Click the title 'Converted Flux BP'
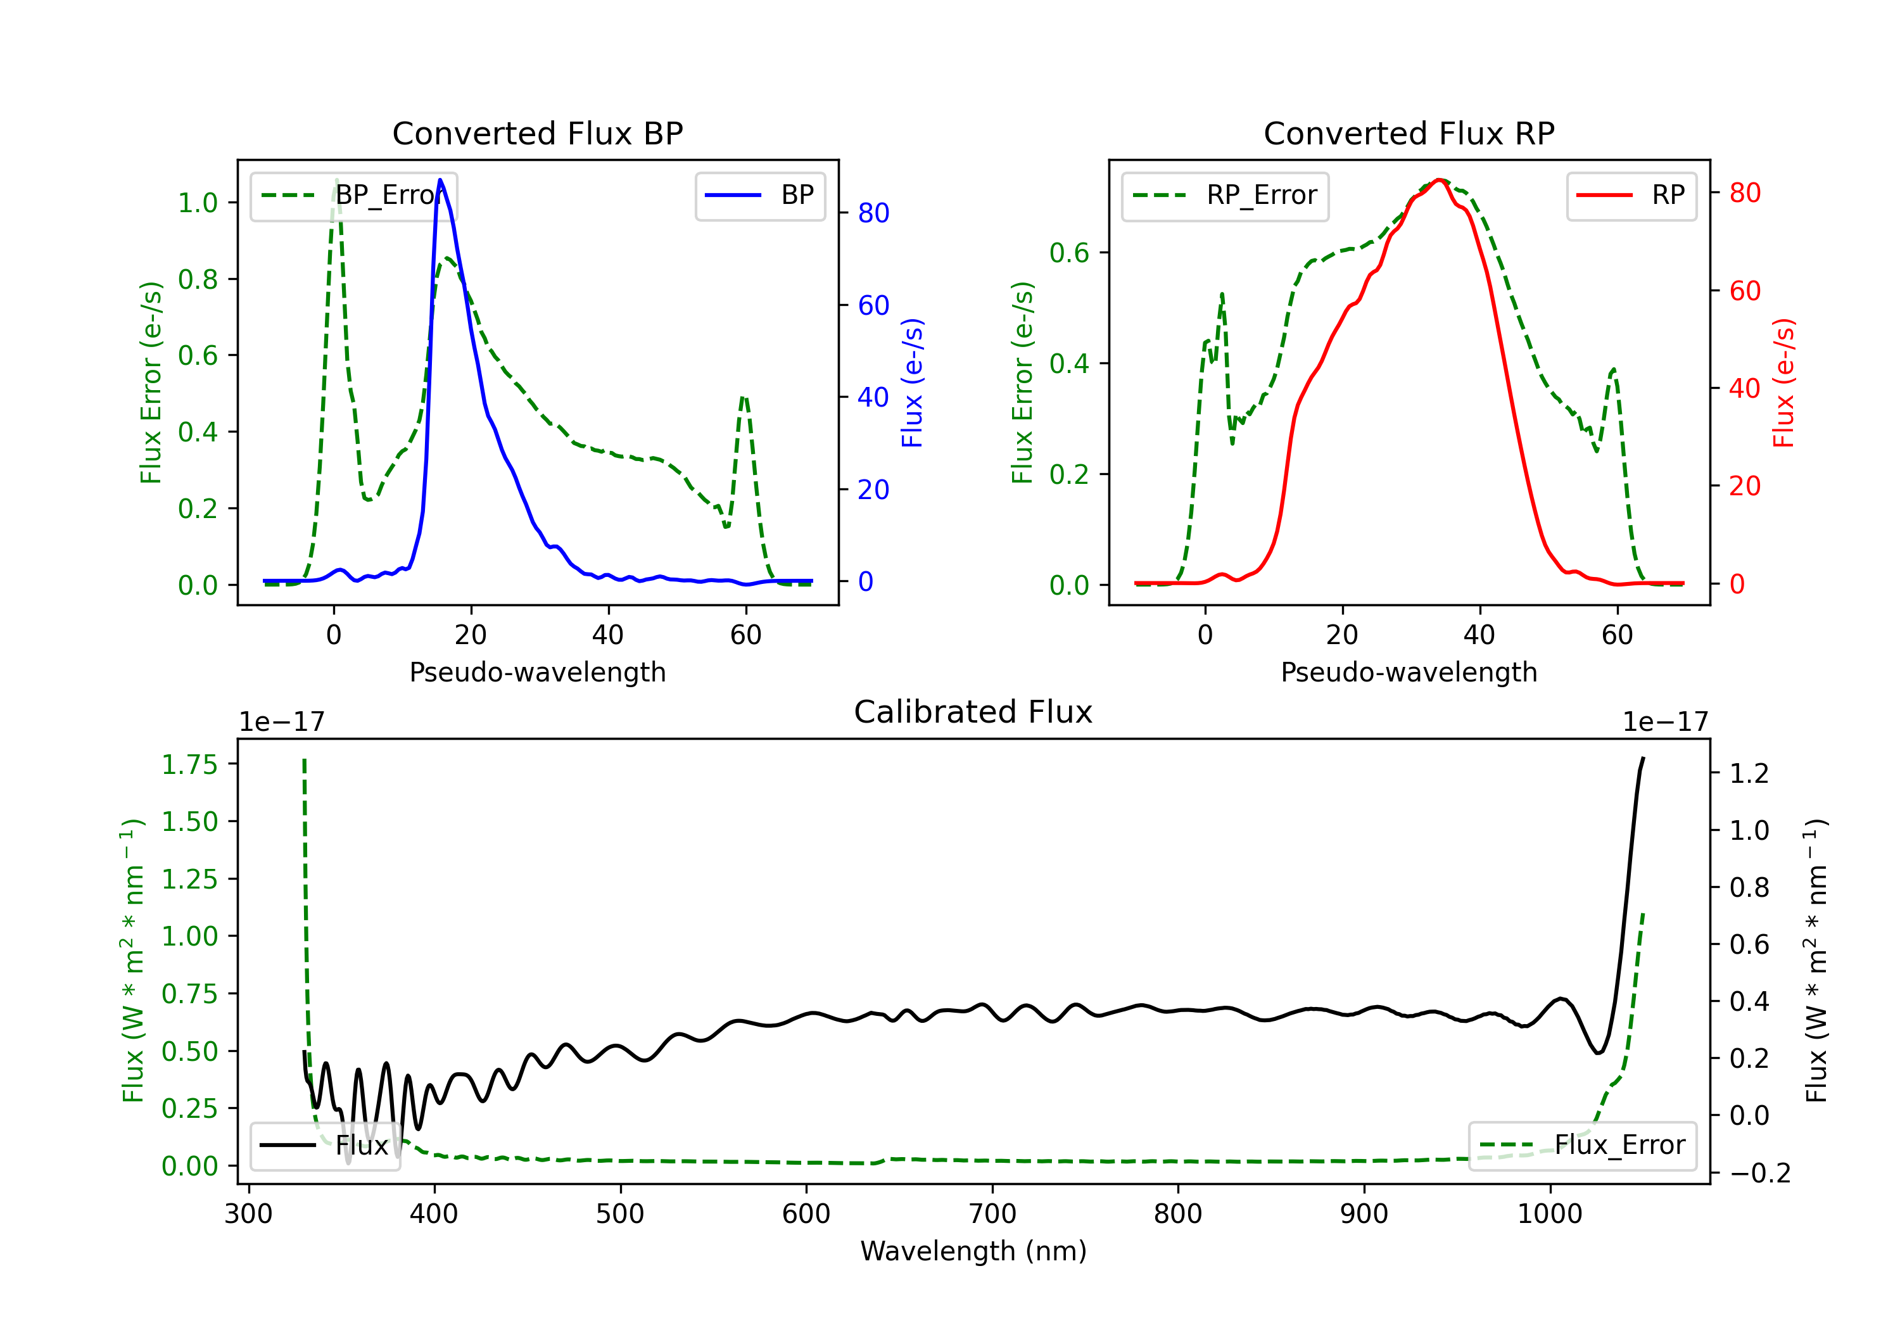[x=537, y=133]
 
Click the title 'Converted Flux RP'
[x=1409, y=133]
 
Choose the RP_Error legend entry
[x=1225, y=195]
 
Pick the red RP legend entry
[x=1631, y=195]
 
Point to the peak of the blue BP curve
[x=440, y=180]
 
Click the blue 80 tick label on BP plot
[x=874, y=213]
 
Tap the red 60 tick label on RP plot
[x=1745, y=291]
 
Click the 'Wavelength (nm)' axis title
[x=973, y=1251]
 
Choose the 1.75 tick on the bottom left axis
[x=189, y=764]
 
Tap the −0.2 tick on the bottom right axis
[x=1760, y=1173]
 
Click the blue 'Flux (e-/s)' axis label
[x=912, y=383]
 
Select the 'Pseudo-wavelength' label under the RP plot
[x=1409, y=672]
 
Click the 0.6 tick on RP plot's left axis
[x=1069, y=253]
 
